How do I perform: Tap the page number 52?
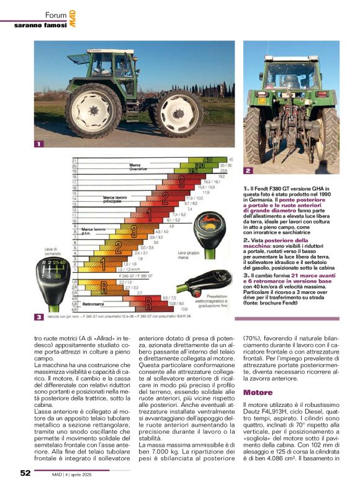25,473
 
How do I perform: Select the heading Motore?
258,393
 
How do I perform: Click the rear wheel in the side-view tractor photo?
94,110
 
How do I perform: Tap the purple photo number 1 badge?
39,144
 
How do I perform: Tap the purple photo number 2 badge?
248,170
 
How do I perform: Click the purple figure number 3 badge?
39,317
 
